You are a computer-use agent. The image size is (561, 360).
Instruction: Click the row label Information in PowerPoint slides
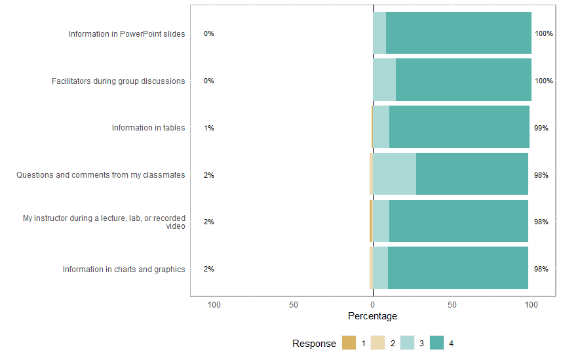pos(126,34)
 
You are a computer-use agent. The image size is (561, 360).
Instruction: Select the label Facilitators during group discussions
pos(118,81)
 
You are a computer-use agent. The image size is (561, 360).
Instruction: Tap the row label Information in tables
pos(148,128)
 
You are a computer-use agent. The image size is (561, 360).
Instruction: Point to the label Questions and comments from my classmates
pos(100,175)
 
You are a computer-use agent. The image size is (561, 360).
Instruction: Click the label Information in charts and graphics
pos(124,269)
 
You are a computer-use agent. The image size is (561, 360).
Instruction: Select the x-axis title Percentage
pos(372,316)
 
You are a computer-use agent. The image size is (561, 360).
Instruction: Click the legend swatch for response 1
pos(349,343)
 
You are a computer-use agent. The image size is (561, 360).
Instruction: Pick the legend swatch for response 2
pos(378,343)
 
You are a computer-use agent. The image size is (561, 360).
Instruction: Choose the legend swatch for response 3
pos(407,343)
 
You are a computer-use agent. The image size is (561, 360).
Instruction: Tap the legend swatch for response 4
pos(436,343)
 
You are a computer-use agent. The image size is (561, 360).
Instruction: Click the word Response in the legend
pos(314,344)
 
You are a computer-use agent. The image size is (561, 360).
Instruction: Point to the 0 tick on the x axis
pos(373,305)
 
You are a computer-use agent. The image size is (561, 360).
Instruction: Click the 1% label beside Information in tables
pos(209,128)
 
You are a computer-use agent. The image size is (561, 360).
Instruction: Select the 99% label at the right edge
pos(541,128)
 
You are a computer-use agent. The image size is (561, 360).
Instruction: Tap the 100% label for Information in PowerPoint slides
pos(544,34)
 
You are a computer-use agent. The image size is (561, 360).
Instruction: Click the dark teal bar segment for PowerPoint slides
pos(459,33)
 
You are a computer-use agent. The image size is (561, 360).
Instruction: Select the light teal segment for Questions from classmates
pos(395,174)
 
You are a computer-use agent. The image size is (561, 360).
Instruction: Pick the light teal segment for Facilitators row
pos(385,79)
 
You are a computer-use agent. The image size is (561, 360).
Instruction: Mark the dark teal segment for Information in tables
pos(459,127)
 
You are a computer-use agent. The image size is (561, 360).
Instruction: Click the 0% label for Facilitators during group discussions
pos(209,81)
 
